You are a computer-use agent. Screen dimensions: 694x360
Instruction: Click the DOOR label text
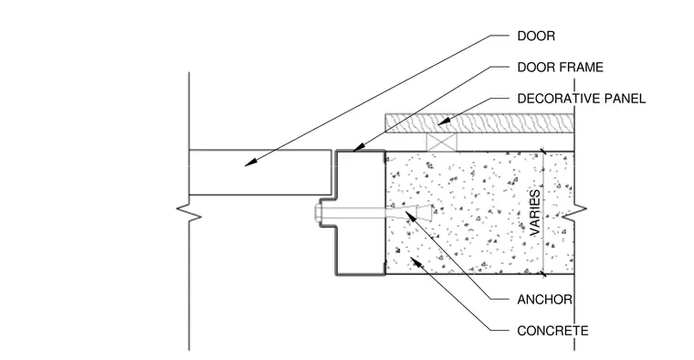[x=536, y=36]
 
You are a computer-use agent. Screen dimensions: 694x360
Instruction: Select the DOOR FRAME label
[x=561, y=68]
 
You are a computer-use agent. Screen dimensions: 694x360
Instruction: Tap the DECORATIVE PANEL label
[x=582, y=99]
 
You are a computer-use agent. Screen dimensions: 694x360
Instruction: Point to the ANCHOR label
[x=545, y=300]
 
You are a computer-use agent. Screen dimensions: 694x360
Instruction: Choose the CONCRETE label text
[x=552, y=331]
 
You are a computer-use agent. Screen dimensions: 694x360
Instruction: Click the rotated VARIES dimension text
[x=535, y=213]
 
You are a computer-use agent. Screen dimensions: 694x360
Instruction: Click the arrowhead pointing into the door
[x=250, y=163]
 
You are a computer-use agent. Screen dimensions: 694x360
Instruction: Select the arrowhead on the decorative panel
[x=444, y=120]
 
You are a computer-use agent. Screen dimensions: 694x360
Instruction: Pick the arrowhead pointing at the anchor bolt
[x=411, y=217]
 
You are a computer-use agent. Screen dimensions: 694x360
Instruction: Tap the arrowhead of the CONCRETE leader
[x=415, y=262]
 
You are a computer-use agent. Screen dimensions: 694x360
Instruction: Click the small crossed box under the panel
[x=441, y=143]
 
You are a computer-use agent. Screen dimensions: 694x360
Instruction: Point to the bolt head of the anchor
[x=318, y=214]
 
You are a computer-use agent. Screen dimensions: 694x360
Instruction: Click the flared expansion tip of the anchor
[x=426, y=213]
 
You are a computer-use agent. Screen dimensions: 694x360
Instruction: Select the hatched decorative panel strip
[x=479, y=123]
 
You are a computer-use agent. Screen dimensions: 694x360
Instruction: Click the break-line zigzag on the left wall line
[x=189, y=213]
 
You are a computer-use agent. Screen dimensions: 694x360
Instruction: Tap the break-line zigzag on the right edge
[x=574, y=213]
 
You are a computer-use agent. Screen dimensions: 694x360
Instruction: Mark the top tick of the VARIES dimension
[x=543, y=152]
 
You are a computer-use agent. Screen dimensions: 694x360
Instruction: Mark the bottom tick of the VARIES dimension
[x=543, y=274]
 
